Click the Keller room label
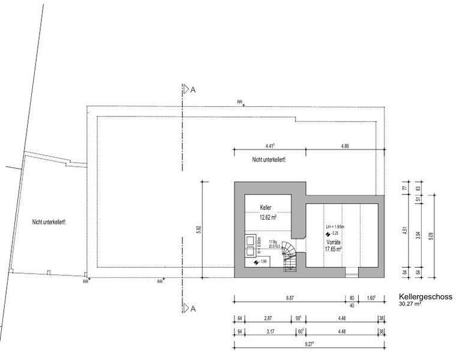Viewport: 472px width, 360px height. [266, 208]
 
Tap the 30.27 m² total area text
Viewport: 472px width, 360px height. [410, 304]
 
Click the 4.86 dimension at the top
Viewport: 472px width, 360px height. [345, 146]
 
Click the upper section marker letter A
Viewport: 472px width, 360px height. [193, 89]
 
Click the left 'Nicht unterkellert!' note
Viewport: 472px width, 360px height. [49, 221]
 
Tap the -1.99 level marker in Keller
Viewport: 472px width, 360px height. [263, 262]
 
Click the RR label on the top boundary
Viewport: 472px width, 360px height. [240, 102]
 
